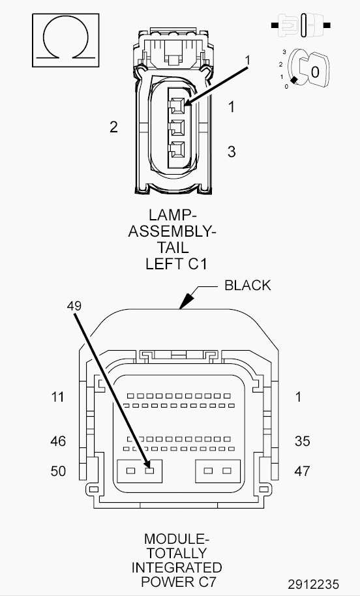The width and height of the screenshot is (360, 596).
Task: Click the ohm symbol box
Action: pos(65,40)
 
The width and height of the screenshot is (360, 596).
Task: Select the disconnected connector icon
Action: pos(301,25)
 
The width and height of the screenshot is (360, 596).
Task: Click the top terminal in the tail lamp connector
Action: pos(177,106)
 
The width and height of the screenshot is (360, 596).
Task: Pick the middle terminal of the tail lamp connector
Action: pos(177,128)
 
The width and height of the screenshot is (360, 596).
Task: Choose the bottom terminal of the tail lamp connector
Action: pos(177,150)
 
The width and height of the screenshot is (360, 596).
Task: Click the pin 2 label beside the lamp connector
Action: pos(113,127)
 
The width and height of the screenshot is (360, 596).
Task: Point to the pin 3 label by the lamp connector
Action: pos(232,152)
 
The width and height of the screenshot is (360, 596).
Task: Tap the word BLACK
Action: pos(247,286)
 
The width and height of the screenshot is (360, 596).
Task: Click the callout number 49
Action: pos(74,306)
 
